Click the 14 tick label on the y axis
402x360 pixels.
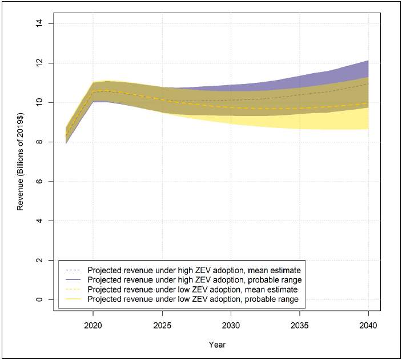43,23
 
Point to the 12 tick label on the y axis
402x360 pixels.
43,63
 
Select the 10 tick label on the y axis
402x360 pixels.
43,102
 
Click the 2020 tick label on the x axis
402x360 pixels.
94,324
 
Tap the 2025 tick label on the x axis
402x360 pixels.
163,324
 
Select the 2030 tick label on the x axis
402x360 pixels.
231,324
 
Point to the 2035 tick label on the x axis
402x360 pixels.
300,324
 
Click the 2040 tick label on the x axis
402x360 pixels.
368,324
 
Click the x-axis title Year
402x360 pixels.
217,345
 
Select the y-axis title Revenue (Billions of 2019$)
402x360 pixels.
21,161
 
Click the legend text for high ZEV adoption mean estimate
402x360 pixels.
194,269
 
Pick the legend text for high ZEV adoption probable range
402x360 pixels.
194,279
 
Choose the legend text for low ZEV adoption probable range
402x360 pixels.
192,299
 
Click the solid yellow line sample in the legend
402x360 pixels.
73,299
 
